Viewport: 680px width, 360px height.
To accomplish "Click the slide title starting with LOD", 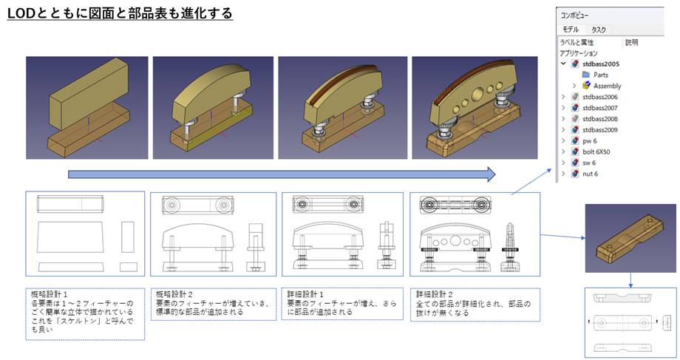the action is point(120,13).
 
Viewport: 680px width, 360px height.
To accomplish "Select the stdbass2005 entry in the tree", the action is point(601,64).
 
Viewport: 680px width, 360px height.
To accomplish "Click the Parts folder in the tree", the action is point(601,75).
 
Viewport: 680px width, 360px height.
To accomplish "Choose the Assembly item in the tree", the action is point(607,86).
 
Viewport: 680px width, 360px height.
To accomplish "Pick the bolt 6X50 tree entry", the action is point(596,152).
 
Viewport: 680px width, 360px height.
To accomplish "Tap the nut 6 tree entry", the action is point(590,174).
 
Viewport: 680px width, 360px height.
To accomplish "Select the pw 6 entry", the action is point(589,141).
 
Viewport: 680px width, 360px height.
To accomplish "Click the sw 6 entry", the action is point(589,163).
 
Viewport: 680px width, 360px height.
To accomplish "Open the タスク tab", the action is point(599,30).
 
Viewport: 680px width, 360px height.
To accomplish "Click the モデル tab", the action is point(571,30).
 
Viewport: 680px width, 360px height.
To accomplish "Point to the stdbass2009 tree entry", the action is point(599,129).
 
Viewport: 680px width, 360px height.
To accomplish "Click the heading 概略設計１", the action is point(49,294).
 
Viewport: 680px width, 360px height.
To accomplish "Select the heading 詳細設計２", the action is point(434,294).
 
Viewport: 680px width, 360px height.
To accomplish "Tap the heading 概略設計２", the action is point(174,294).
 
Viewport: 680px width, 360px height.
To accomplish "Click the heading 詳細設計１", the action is point(305,294).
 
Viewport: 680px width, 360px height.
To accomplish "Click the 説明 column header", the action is point(631,42).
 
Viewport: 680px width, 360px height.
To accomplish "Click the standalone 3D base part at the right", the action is point(630,238).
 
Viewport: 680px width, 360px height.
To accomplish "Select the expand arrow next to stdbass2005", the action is point(563,64).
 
